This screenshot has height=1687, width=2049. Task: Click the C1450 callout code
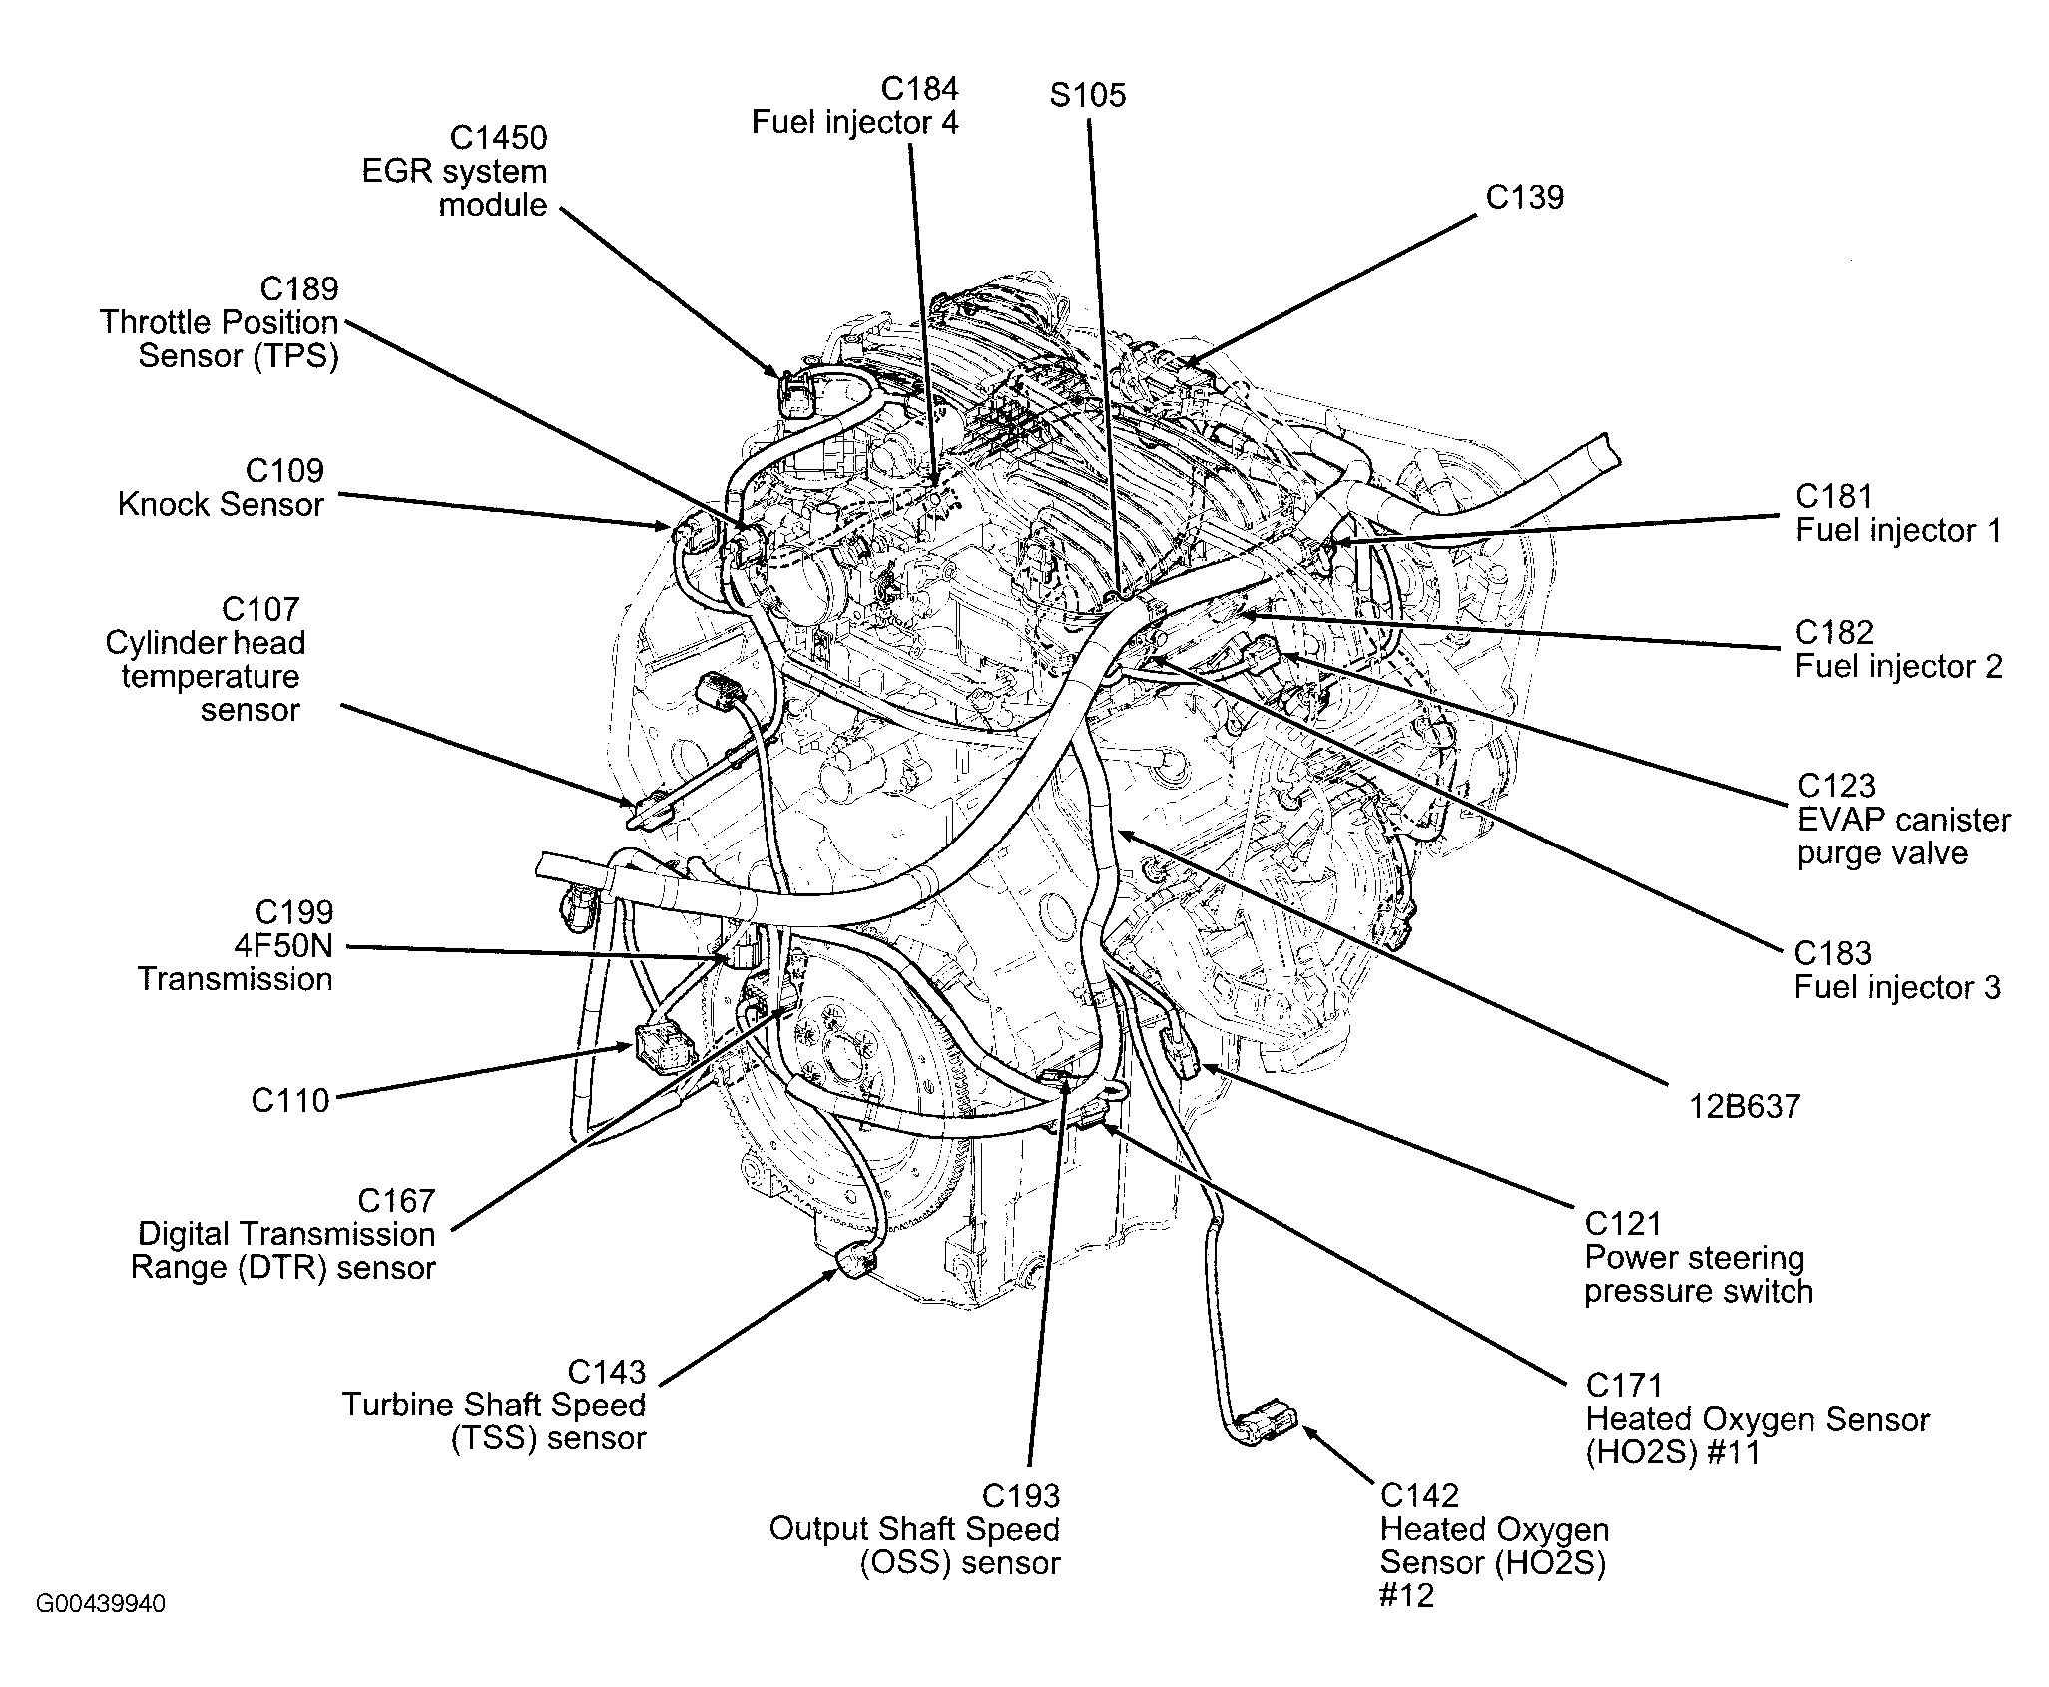498,137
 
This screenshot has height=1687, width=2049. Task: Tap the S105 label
1087,96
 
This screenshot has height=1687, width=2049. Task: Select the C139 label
1524,197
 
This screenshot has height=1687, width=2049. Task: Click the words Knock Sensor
221,505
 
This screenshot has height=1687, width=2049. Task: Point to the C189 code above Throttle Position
298,289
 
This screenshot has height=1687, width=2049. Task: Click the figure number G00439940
101,1604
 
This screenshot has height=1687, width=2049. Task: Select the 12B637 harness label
1745,1106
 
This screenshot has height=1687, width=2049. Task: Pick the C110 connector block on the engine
660,1044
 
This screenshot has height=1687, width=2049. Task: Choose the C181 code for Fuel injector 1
1834,497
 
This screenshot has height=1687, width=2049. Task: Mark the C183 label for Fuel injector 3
1832,953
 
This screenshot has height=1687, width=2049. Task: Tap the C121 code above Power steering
1623,1224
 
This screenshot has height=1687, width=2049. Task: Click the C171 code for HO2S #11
1624,1386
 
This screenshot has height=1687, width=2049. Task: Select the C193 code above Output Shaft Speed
1020,1496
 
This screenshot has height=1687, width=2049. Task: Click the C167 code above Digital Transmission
396,1201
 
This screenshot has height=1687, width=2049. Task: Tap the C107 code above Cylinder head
260,609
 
